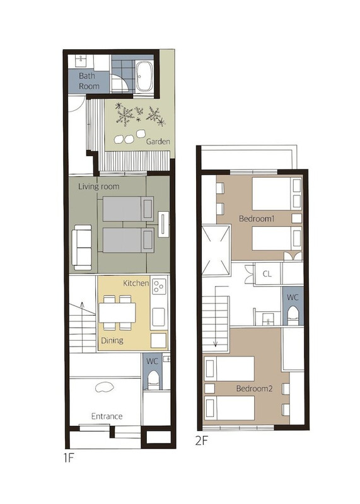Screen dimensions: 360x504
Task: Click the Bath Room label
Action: [89, 81]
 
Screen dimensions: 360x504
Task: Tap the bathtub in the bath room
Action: [145, 76]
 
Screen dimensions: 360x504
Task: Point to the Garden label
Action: [158, 141]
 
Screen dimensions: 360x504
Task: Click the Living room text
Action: [99, 186]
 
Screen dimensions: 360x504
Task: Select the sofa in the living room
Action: [82, 247]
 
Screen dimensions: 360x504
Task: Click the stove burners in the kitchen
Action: [159, 286]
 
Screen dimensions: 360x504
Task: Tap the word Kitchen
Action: [136, 283]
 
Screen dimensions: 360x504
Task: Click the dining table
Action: [117, 312]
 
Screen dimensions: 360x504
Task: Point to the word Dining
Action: [112, 340]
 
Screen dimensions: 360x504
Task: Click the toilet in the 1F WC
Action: [153, 381]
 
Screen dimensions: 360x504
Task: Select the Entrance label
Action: [107, 416]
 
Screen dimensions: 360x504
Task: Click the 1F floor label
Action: [69, 457]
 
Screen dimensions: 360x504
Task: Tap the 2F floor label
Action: [202, 440]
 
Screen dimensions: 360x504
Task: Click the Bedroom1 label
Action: [257, 219]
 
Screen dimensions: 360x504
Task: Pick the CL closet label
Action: [267, 274]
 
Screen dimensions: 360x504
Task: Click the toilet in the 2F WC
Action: [293, 316]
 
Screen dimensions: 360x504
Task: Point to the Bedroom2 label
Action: [254, 389]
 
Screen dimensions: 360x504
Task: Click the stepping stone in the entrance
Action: [105, 387]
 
